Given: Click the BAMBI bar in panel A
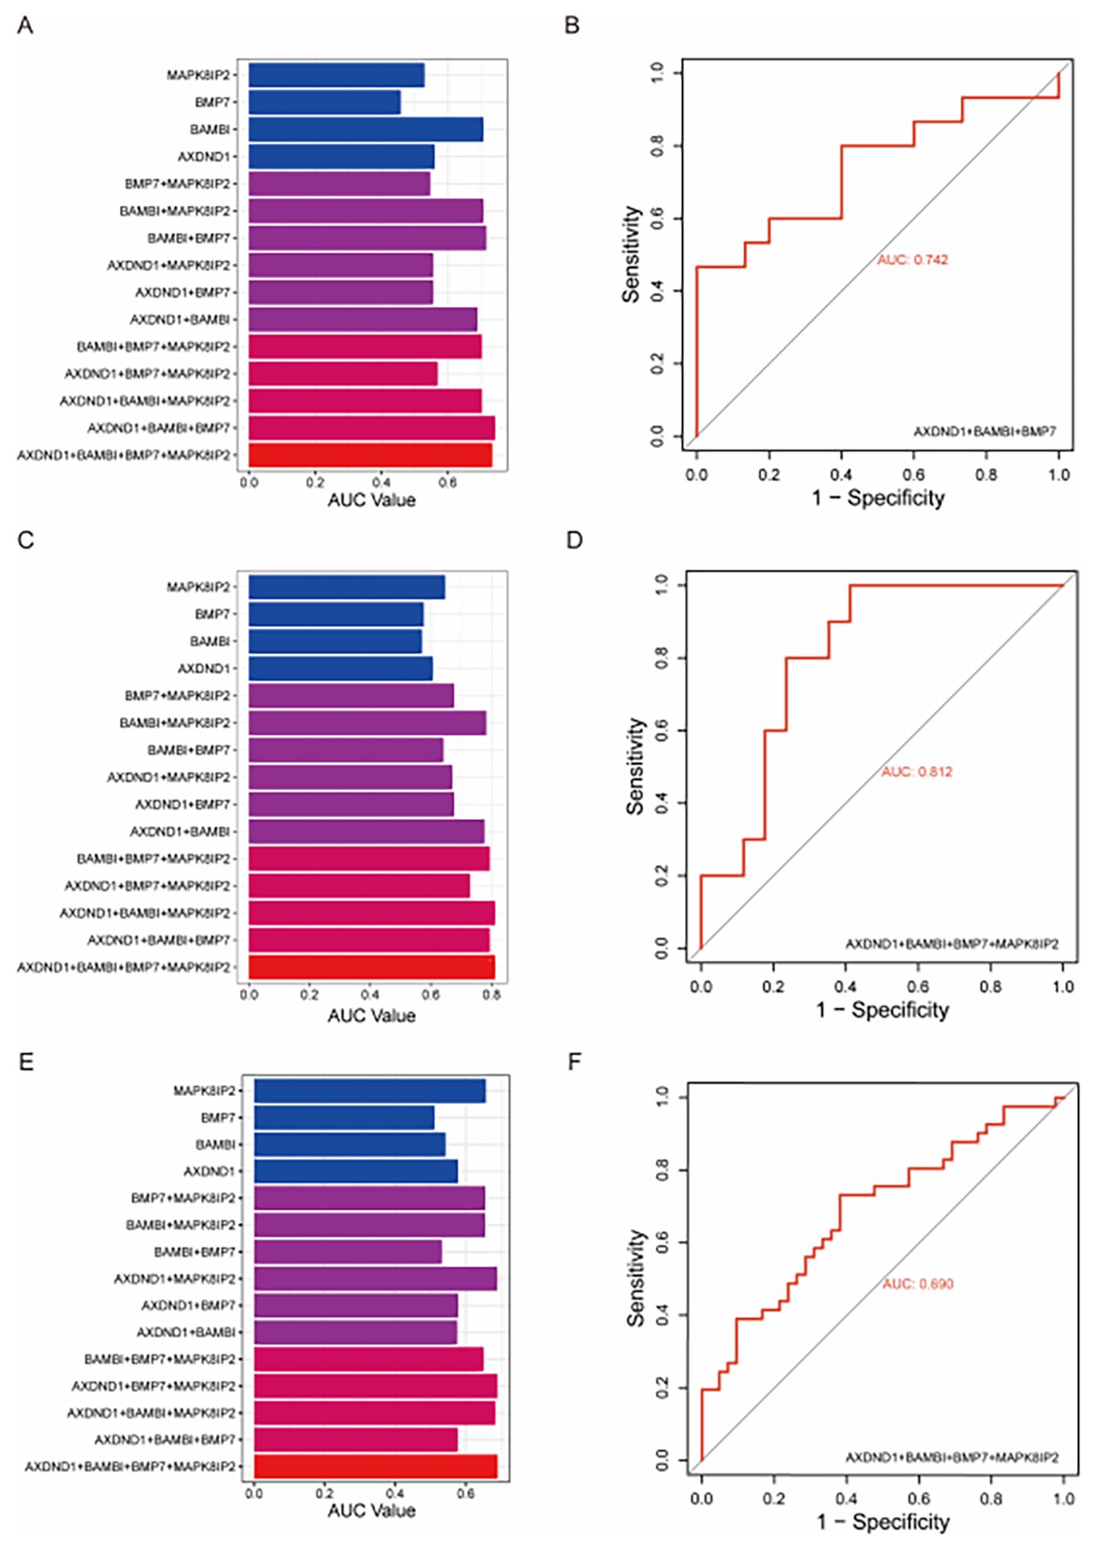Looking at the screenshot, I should tap(365, 129).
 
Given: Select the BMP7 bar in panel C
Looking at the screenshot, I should tap(336, 614).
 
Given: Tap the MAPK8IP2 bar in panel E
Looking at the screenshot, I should tap(369, 1090).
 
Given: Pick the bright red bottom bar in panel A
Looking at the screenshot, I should tap(370, 455).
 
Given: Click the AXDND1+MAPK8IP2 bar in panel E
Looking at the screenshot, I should tap(375, 1278).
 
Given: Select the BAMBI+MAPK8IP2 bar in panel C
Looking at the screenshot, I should tap(367, 722).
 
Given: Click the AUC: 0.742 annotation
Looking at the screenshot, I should tap(912, 260).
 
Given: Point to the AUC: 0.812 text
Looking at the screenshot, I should tap(917, 772).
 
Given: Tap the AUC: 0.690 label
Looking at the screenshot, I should tap(917, 1284).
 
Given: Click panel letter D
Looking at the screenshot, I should tap(574, 540).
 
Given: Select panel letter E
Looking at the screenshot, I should tap(26, 1062).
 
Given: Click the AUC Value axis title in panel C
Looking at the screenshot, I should tap(371, 1015).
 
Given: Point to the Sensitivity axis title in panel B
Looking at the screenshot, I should tap(632, 254).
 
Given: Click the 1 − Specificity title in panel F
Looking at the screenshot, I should tap(883, 1522).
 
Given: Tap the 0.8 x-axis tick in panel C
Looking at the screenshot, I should tap(492, 994).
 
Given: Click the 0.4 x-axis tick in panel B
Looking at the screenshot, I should tap(841, 475).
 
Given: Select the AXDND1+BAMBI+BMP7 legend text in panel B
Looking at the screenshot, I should tap(984, 431).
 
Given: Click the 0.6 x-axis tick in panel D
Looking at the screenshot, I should tap(918, 987).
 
